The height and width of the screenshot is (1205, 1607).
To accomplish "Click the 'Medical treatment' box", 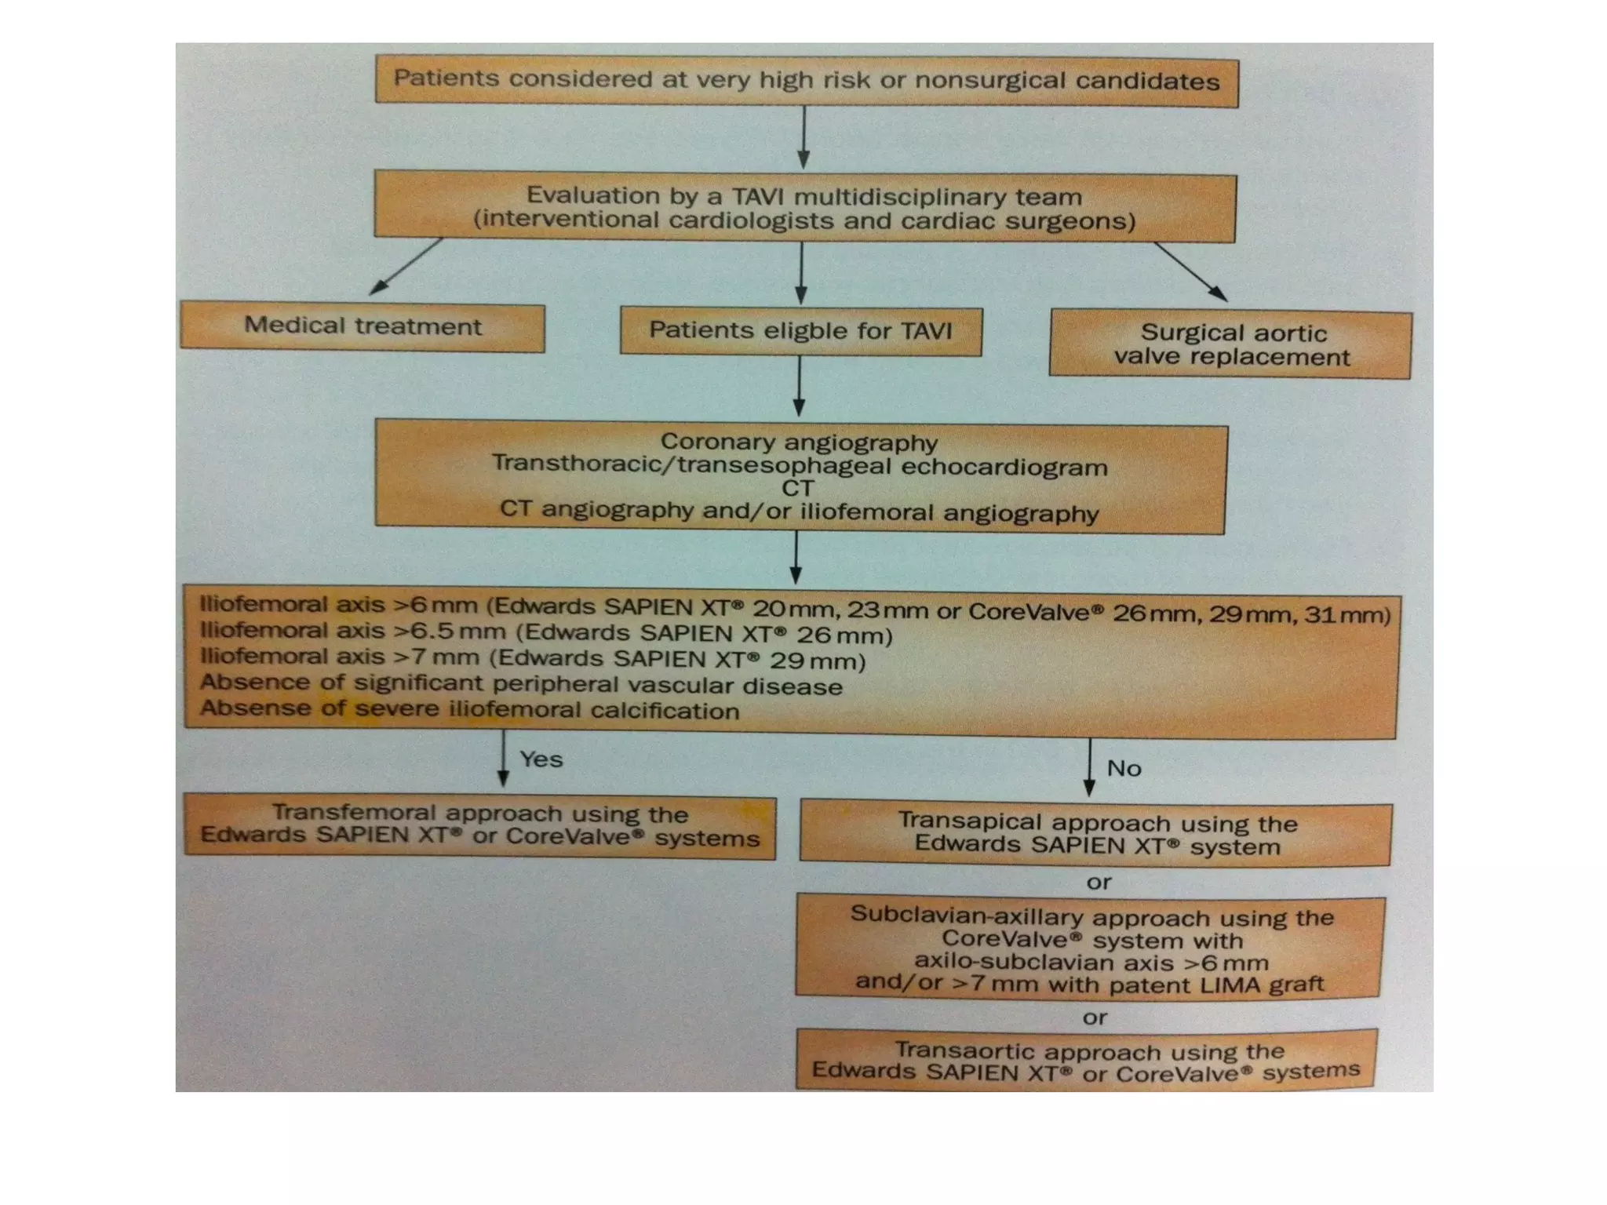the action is coord(363,326).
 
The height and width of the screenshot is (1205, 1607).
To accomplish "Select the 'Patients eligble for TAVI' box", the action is coord(801,331).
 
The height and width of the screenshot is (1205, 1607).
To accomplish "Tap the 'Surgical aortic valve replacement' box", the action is coord(1230,344).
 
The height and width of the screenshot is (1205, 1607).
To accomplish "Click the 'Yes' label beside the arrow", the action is coord(541,759).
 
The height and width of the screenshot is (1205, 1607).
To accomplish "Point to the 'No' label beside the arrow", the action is coord(1124,768).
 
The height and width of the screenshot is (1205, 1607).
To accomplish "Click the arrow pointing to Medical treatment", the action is coord(406,267).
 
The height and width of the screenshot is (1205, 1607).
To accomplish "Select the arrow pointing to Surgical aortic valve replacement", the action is coord(1190,271).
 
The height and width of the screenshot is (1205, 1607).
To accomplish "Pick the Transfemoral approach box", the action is coord(480,826).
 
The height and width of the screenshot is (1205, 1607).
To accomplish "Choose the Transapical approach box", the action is coord(1095,834).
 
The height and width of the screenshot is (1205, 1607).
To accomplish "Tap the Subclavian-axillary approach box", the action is coord(1090,948).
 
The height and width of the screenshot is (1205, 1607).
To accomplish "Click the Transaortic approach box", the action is coord(1087,1060).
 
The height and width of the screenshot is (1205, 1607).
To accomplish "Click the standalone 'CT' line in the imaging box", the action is coord(798,488).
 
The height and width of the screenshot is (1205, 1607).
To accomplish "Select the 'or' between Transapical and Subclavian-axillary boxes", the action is coord(1099,883).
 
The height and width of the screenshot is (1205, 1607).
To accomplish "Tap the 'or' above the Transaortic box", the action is coord(1095,1018).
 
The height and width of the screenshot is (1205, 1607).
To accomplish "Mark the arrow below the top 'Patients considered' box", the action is coord(803,137).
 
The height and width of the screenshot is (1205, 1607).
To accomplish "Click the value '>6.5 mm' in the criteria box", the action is coord(449,632).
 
